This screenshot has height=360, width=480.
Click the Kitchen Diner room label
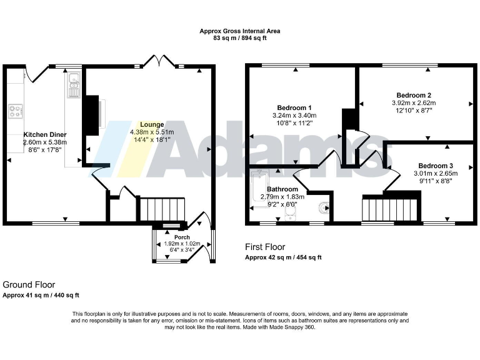45,134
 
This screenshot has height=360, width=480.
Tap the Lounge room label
152,124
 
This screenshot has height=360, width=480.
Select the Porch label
182,237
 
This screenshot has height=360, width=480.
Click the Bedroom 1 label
294,107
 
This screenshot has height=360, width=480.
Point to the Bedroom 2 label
413,95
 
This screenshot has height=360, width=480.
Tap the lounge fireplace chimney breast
91,115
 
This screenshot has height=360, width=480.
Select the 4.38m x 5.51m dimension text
152,132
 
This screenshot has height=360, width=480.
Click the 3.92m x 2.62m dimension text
413,103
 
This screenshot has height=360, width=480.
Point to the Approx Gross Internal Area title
240,31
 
